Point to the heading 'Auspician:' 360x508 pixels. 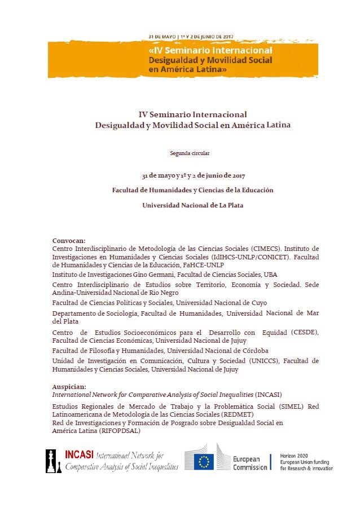pos(69,387)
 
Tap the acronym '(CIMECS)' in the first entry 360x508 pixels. pos(265,248)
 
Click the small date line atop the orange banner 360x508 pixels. pos(190,36)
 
